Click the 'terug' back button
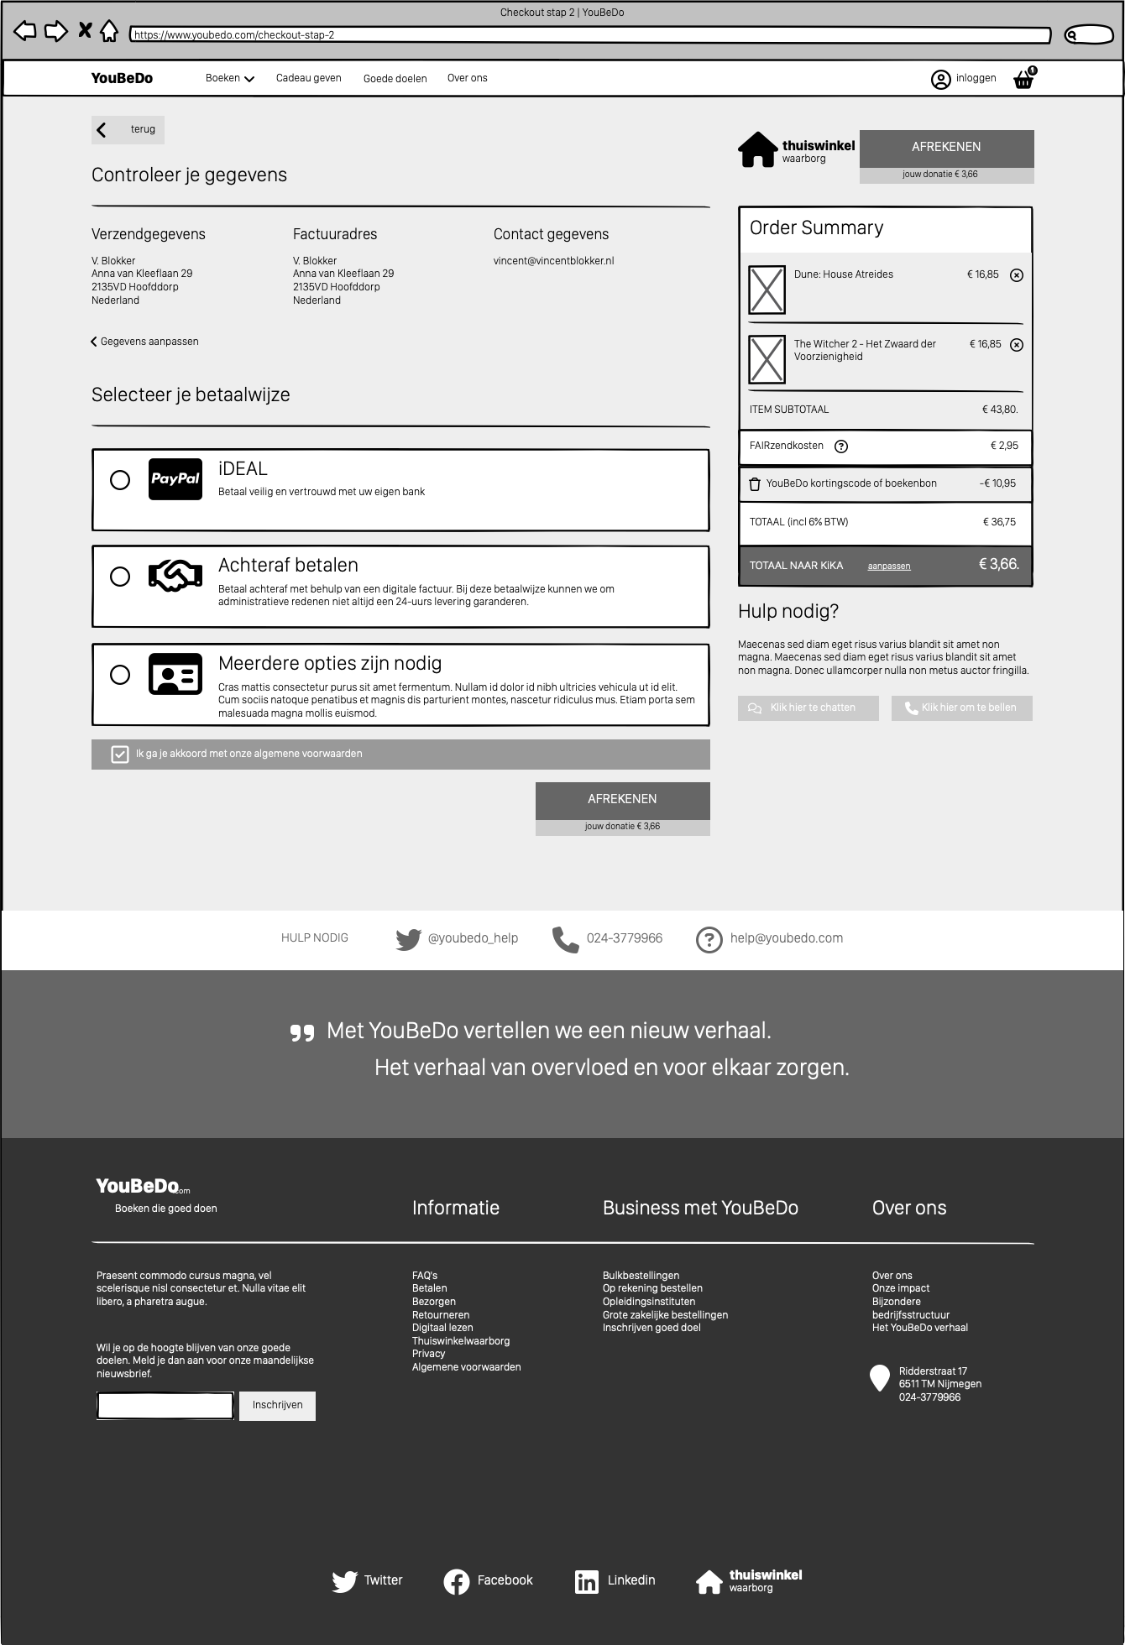[128, 129]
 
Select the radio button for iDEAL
[120, 480]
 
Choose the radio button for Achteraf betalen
[120, 577]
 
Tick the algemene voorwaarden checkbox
[120, 755]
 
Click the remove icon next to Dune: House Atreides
[1016, 275]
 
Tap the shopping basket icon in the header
[1023, 80]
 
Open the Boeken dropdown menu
[230, 78]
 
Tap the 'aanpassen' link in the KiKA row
[888, 567]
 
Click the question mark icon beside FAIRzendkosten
[841, 446]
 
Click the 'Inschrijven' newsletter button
[277, 1405]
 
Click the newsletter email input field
[165, 1405]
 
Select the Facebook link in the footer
[489, 1581]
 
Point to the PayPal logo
[175, 479]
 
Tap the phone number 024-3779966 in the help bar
[624, 938]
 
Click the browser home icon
[109, 32]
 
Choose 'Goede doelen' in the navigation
[395, 79]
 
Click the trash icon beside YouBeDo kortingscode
[755, 484]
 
